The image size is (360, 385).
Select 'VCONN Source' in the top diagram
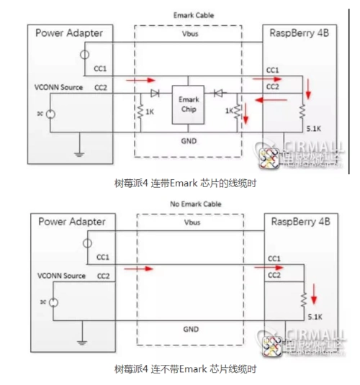(x=58, y=87)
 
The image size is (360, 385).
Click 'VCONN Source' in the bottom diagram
(x=58, y=276)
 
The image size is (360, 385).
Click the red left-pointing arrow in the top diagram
(x=271, y=101)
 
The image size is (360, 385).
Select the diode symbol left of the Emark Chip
(x=155, y=93)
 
